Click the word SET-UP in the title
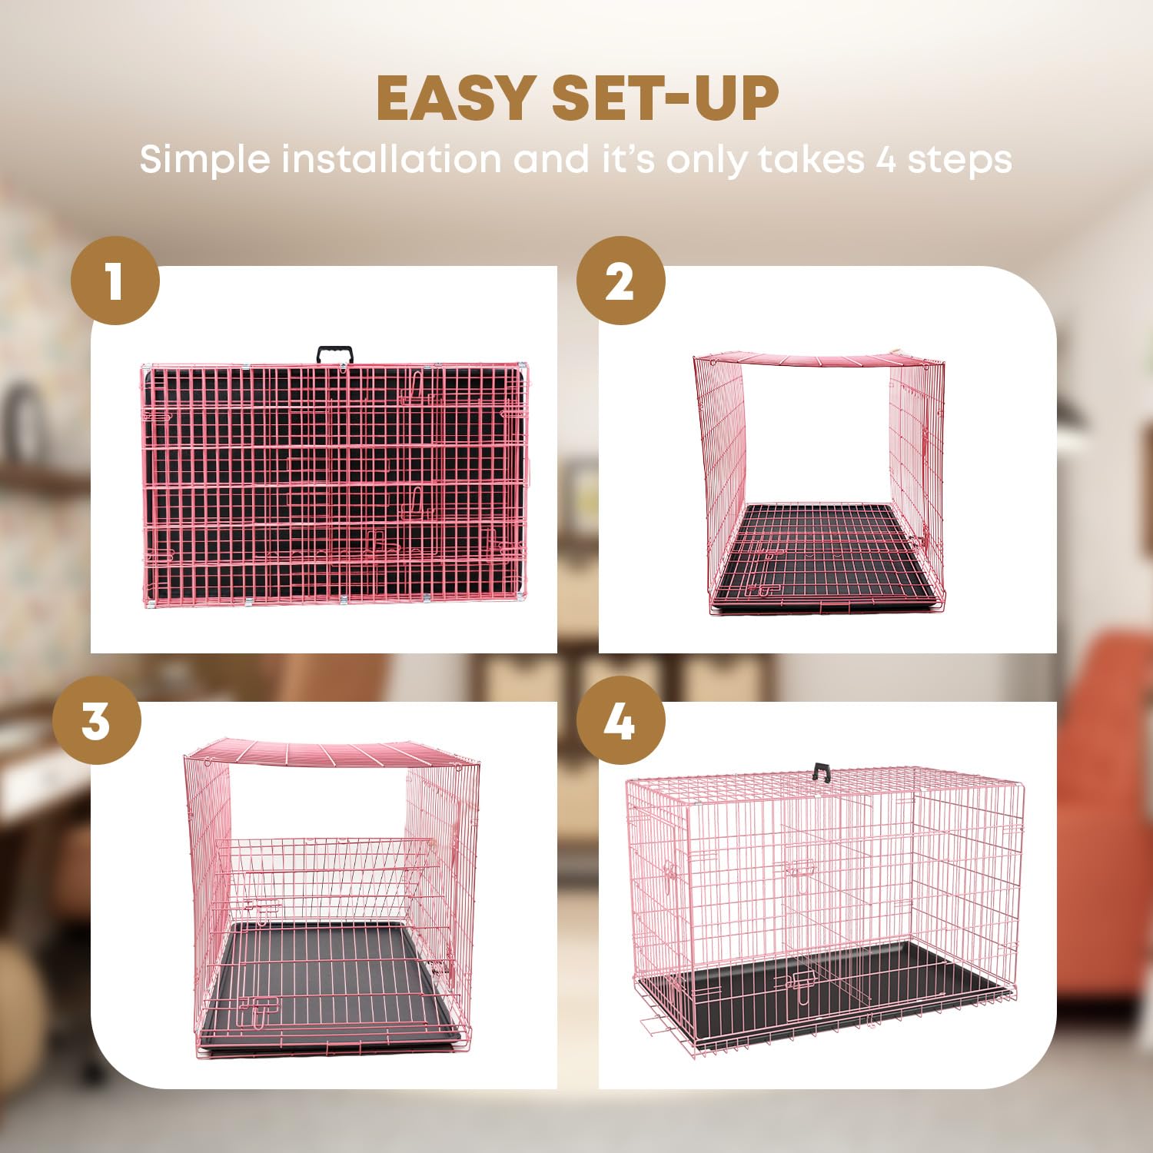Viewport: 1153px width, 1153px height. coord(666,99)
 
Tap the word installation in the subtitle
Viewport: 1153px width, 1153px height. coord(391,159)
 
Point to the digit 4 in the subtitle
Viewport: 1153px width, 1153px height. coord(886,160)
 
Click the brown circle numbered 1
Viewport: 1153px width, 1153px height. coord(115,281)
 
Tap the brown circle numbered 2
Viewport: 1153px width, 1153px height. coord(620,281)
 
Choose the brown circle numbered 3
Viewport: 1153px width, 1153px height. coord(97,720)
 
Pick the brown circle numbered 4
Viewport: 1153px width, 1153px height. coord(620,720)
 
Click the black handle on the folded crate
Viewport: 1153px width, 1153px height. coord(335,354)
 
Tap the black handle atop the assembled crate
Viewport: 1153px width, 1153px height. coord(822,771)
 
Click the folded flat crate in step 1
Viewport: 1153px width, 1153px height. coord(335,484)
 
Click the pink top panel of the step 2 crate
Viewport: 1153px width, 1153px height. coord(819,361)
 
